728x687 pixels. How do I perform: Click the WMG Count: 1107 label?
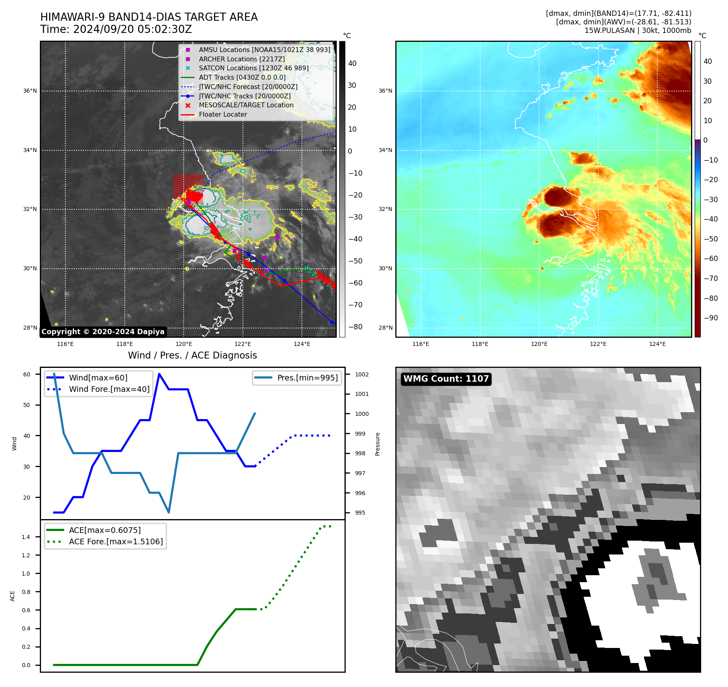pyautogui.click(x=446, y=379)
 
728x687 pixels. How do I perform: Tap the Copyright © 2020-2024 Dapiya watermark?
pyautogui.click(x=103, y=332)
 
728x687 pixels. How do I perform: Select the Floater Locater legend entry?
pyautogui.click(x=223, y=115)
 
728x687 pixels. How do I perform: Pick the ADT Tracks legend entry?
pyautogui.click(x=242, y=78)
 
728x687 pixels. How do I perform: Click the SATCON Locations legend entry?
pyautogui.click(x=253, y=68)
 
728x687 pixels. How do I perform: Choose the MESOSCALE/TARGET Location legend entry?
pyautogui.click(x=246, y=105)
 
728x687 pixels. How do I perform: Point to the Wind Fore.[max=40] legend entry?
pyautogui.click(x=109, y=389)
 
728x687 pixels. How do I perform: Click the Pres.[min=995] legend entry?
pyautogui.click(x=307, y=378)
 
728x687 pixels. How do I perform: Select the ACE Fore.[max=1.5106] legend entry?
pyautogui.click(x=116, y=542)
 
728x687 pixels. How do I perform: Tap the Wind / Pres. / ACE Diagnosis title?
pyautogui.click(x=192, y=356)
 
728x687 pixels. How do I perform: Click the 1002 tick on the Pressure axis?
pyautogui.click(x=362, y=375)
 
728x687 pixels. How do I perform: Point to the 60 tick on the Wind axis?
pyautogui.click(x=27, y=375)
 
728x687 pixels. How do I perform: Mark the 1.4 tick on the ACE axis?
pyautogui.click(x=26, y=537)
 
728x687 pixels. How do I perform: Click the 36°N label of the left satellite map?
pyautogui.click(x=30, y=91)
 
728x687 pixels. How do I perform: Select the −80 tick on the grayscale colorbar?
pyautogui.click(x=355, y=327)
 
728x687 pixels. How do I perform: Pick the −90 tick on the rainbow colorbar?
pyautogui.click(x=711, y=318)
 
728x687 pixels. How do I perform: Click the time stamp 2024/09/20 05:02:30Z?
pyautogui.click(x=132, y=30)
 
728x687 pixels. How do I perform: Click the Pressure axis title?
pyautogui.click(x=378, y=444)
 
